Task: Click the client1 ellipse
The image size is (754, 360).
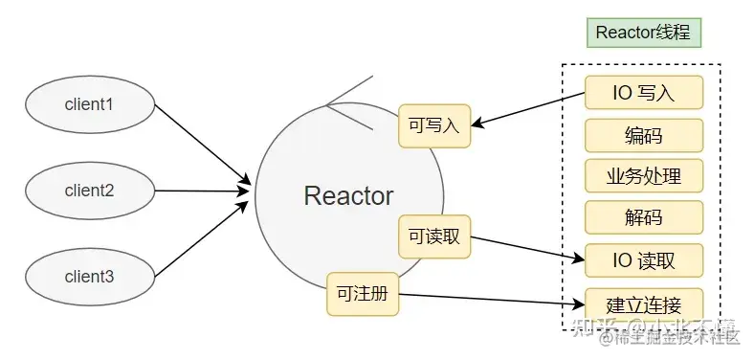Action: [x=90, y=101]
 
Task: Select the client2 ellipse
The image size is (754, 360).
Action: [x=90, y=191]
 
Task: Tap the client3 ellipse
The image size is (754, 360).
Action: [x=90, y=277]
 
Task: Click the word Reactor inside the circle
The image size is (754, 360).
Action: [x=348, y=196]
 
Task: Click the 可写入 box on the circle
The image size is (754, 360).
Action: [x=434, y=125]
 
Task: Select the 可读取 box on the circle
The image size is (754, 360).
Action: [x=434, y=236]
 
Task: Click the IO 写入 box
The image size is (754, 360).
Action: [x=643, y=94]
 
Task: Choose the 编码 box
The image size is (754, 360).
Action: [x=643, y=135]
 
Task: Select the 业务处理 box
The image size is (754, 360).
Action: [x=643, y=176]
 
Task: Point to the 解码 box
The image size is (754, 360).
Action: [x=643, y=217]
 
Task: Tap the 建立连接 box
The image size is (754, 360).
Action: [x=643, y=304]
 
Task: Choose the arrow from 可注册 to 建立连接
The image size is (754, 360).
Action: [x=488, y=300]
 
